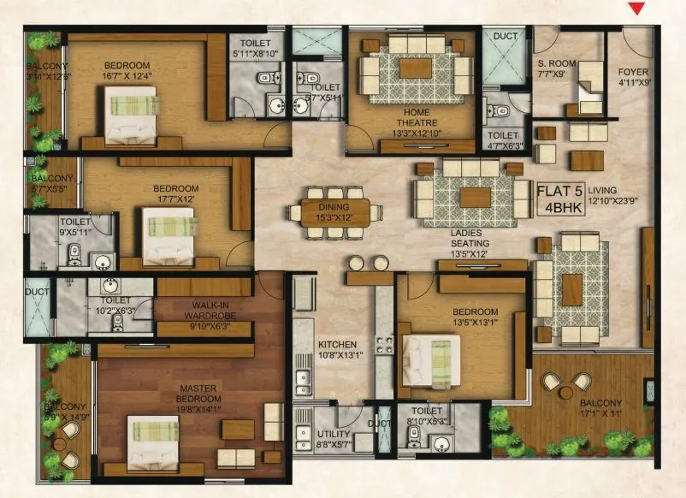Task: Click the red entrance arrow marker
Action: [x=636, y=9]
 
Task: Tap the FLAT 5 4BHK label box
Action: [x=561, y=197]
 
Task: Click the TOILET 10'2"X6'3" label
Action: [x=115, y=305]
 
